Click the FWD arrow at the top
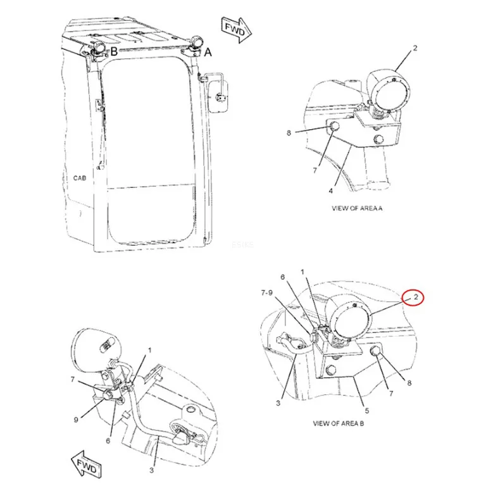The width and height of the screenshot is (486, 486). point(236,30)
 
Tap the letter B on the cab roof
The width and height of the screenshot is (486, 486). point(114,51)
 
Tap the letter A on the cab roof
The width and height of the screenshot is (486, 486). point(208,52)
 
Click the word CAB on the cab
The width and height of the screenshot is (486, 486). point(80,178)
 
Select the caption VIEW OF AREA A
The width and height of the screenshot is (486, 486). point(357,208)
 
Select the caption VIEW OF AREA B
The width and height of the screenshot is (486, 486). point(338,423)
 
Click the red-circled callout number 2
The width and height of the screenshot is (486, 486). point(416,297)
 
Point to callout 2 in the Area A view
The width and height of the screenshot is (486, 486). point(414,48)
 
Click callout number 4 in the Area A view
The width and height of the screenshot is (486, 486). point(331,191)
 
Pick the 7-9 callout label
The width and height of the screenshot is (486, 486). point(267,292)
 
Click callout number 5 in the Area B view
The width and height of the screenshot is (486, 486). point(367,411)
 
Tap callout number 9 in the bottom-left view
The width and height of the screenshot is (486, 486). point(76,420)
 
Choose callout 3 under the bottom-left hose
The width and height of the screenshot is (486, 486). point(151,470)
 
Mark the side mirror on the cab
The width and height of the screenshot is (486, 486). point(219,96)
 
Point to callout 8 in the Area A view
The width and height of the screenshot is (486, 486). point(289,133)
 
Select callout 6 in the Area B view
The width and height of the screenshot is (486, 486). point(282,277)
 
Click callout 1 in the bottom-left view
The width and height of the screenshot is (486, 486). point(150,350)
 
